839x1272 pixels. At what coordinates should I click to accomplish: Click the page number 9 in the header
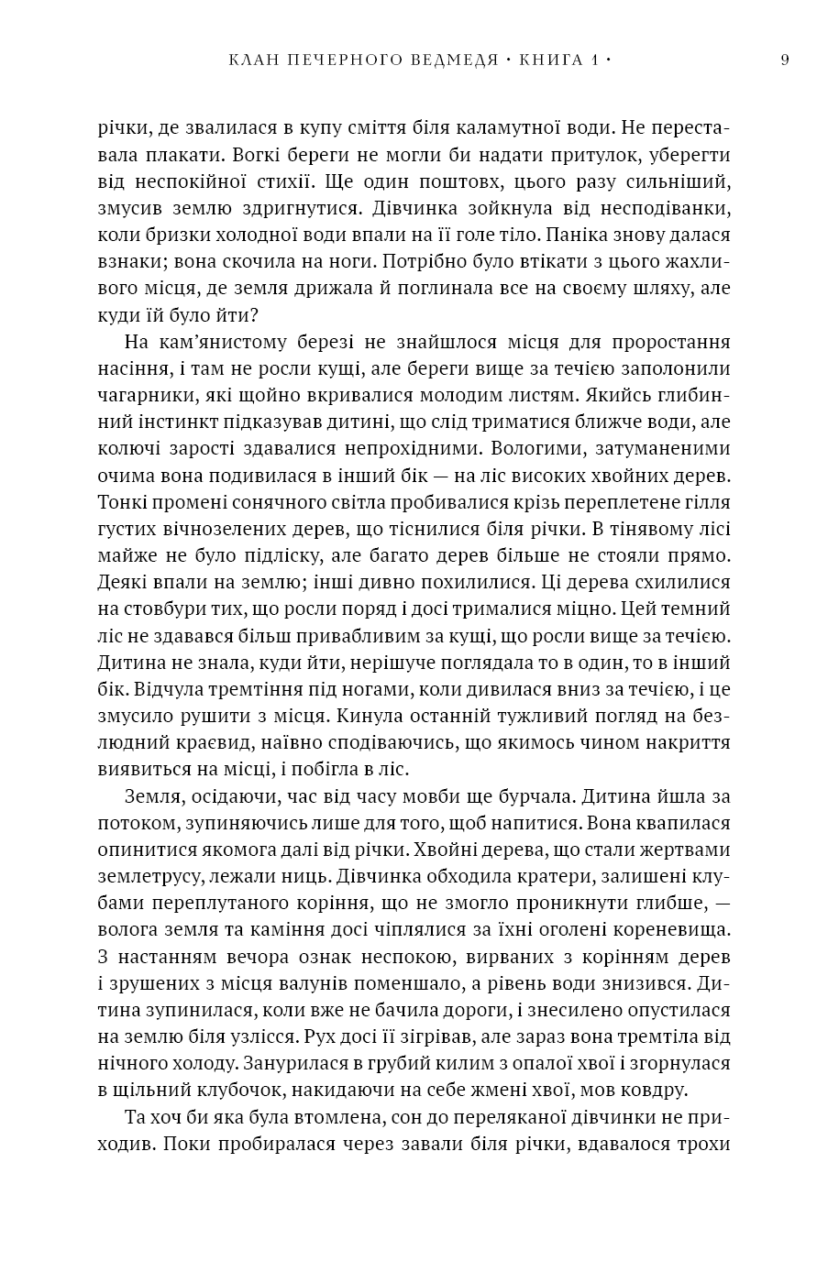(x=785, y=60)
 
